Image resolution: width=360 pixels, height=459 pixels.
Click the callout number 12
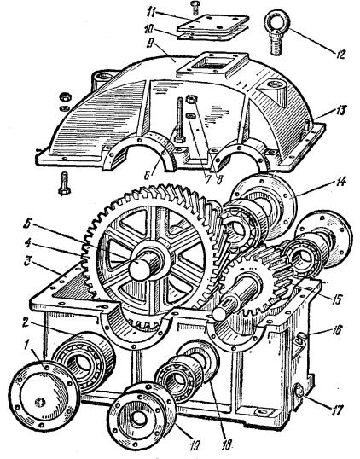(x=340, y=55)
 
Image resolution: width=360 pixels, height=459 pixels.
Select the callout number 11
(x=151, y=13)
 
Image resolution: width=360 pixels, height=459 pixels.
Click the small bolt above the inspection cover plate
(x=195, y=8)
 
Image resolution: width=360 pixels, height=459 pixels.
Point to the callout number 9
(x=150, y=43)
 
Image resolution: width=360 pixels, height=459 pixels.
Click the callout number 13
(x=340, y=110)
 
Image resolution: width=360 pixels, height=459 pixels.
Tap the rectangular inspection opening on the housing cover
(x=213, y=65)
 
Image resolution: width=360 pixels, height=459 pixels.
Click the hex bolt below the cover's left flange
(x=64, y=183)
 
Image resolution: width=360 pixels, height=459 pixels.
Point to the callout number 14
(x=340, y=182)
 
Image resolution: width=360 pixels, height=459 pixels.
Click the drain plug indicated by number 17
(x=299, y=392)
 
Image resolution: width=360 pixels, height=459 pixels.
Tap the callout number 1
(x=26, y=345)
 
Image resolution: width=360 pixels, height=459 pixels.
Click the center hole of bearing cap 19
(x=137, y=420)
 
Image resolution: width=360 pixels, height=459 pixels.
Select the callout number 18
(x=228, y=444)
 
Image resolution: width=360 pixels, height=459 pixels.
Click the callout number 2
(x=26, y=322)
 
